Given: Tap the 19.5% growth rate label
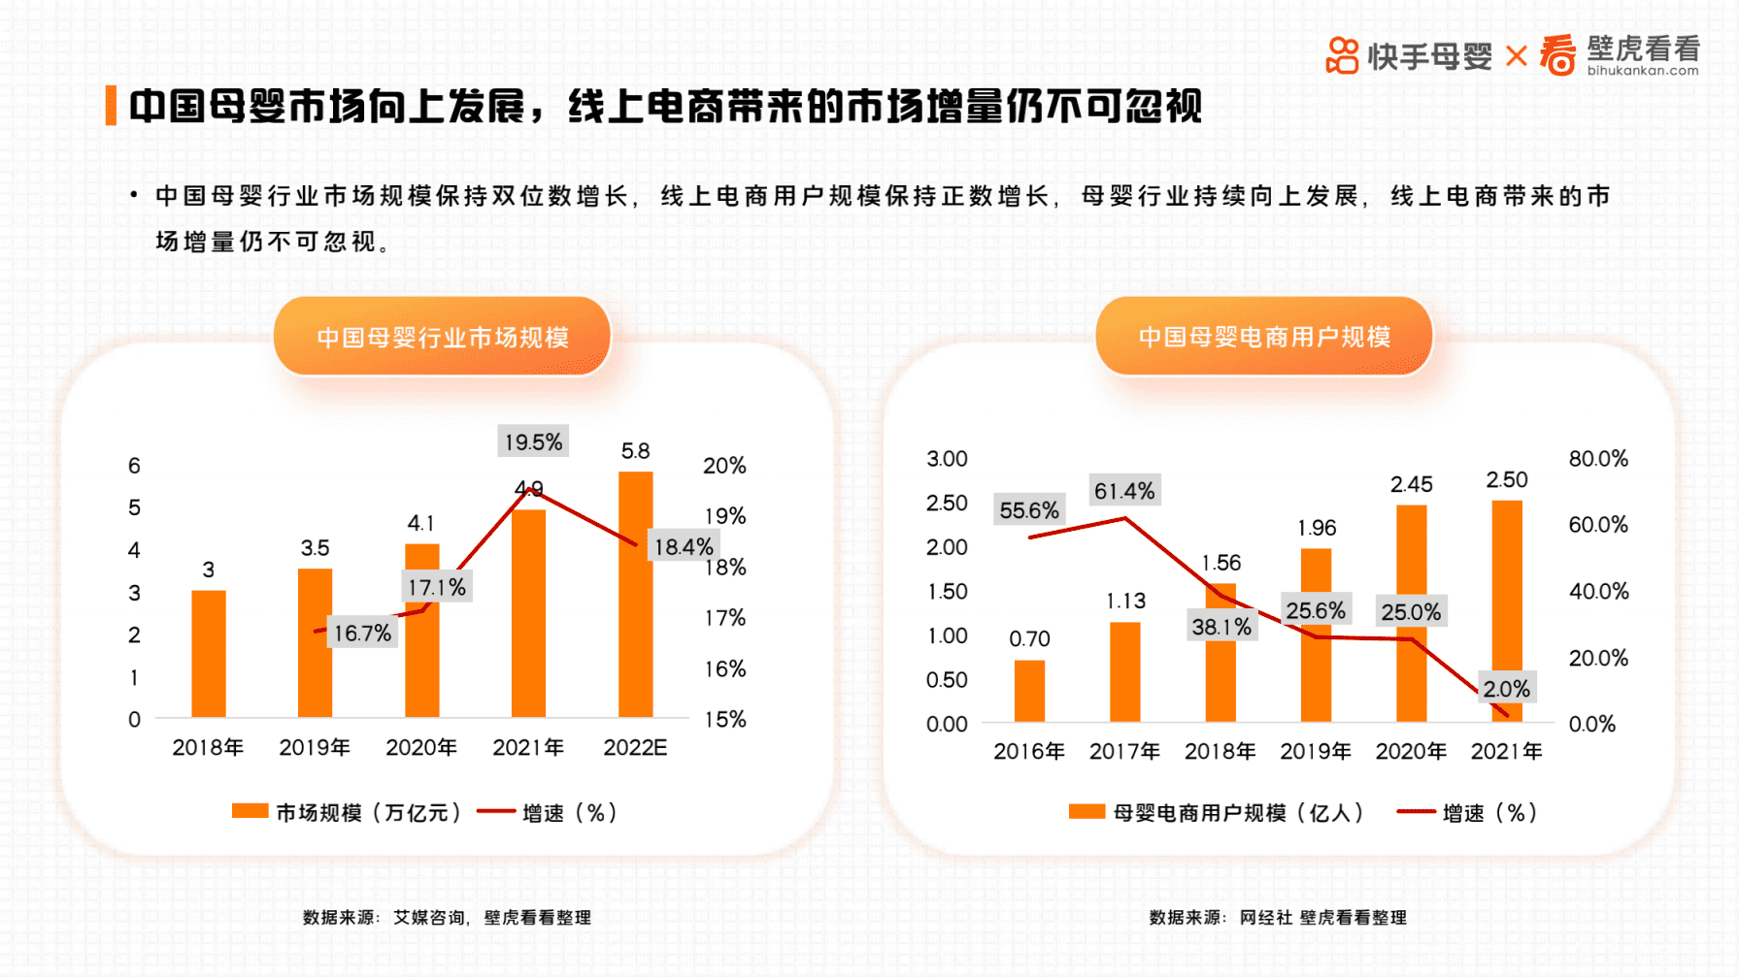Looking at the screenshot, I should [x=533, y=441].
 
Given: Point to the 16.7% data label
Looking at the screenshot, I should [x=362, y=633].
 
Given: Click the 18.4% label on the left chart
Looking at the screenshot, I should [x=683, y=546].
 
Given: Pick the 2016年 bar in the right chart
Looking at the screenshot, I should [x=1029, y=691].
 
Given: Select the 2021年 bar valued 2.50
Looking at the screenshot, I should [x=1506, y=610].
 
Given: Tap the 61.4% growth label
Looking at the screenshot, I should [x=1123, y=490].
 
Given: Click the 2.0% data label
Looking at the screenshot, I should [x=1506, y=688].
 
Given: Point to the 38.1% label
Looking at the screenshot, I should [x=1221, y=627].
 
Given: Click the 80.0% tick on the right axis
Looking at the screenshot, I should [x=1597, y=458].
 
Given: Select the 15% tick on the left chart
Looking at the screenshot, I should [x=724, y=719].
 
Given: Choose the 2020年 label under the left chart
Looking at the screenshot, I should [x=420, y=747].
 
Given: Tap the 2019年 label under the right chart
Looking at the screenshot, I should [x=1315, y=751].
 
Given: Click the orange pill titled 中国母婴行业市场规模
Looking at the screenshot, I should [x=442, y=337].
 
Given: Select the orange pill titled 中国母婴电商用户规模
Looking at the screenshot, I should [x=1263, y=336].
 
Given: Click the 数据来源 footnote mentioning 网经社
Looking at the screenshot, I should [x=1277, y=917].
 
